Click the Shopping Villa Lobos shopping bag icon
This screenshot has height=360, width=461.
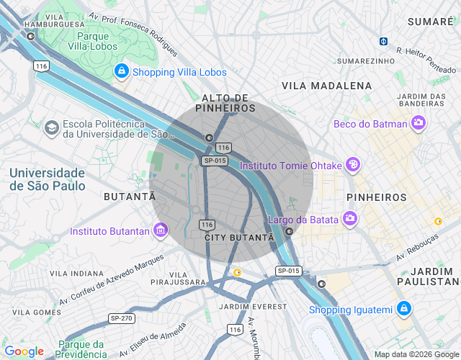(122, 71)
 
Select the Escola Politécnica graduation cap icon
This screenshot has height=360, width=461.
(51, 128)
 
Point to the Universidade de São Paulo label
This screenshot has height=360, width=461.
(48, 179)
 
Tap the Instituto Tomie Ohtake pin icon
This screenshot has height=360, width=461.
(353, 165)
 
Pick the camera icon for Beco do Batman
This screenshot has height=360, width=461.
(419, 124)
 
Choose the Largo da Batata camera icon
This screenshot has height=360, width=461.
(349, 218)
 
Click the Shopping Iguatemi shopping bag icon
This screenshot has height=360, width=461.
(404, 310)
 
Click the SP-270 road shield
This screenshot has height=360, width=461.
(122, 318)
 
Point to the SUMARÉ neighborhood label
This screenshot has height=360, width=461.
(430, 22)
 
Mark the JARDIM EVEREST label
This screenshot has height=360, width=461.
(242, 307)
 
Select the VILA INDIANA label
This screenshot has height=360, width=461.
(77, 274)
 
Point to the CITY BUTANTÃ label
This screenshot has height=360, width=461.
(239, 237)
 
